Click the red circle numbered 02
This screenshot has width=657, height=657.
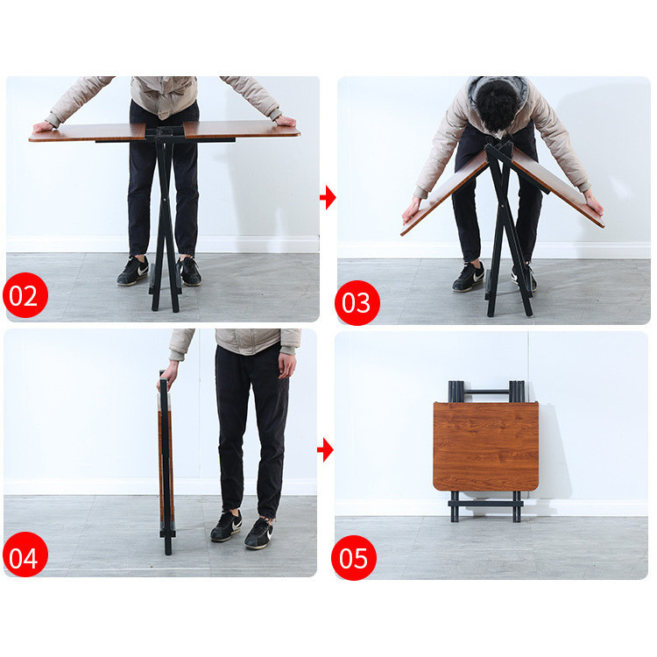[x=25, y=295]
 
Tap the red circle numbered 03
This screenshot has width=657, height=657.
[x=357, y=302]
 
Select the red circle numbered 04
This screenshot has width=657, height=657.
[x=25, y=555]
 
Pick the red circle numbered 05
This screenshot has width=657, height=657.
[x=354, y=558]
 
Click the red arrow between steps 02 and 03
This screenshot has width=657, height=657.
[x=328, y=197]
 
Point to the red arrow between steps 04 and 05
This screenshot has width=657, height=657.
[x=326, y=450]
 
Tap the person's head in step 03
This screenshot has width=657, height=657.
[x=498, y=104]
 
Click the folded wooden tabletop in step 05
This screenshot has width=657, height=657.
[x=485, y=446]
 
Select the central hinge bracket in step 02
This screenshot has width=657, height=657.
[x=165, y=134]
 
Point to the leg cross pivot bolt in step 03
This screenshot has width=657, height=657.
[x=503, y=206]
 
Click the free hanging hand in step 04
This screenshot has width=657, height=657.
[x=287, y=365]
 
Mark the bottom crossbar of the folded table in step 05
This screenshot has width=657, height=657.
[x=485, y=504]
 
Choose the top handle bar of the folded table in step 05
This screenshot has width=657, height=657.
[x=486, y=392]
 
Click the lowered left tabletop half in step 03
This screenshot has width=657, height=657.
[x=444, y=194]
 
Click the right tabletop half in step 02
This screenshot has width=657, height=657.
[x=242, y=130]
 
